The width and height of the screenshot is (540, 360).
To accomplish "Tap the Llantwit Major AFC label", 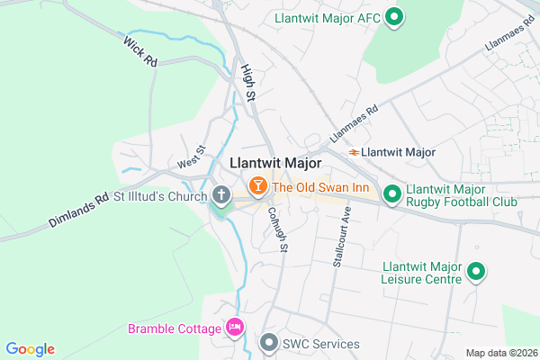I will click(x=328, y=16).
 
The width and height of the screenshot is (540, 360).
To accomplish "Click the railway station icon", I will click(x=355, y=152).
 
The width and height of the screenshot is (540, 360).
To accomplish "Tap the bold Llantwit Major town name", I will click(x=275, y=164).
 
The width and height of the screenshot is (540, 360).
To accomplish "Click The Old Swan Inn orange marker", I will click(x=257, y=186).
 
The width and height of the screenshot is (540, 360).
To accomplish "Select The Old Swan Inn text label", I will click(x=321, y=187).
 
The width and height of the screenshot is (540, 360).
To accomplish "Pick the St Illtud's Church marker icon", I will click(x=221, y=194).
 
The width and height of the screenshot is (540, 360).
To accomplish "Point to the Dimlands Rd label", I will click(x=78, y=209).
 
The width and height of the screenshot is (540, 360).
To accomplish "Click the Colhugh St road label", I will click(x=277, y=229).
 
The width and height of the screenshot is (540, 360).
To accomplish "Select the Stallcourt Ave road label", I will click(x=344, y=239).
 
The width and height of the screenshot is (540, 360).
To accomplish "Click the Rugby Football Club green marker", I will click(x=392, y=194).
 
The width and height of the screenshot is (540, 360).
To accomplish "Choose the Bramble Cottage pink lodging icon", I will click(x=235, y=327).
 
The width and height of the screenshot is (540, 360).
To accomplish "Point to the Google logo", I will click(x=30, y=349).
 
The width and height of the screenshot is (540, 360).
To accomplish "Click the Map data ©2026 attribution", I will click(x=499, y=352).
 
